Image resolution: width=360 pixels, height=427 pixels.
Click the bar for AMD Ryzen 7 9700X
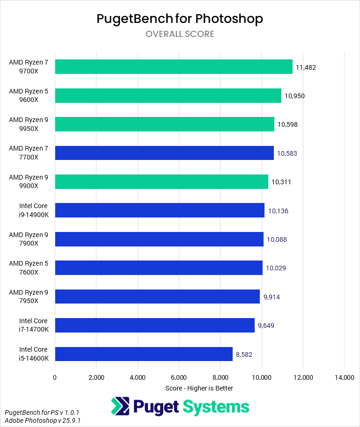point(173,67)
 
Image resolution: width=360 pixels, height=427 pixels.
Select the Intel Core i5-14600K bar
point(144,354)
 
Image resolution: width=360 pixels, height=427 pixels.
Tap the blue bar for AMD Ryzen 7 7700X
point(164,153)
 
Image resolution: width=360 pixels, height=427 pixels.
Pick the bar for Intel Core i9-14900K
point(160,210)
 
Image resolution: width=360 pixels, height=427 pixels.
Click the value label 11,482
point(306,67)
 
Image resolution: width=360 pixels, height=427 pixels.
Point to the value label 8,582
point(244,355)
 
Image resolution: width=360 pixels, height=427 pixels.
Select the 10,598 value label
point(287,124)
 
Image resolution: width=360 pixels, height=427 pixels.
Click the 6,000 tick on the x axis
point(179,377)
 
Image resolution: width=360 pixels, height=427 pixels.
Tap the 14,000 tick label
point(344,377)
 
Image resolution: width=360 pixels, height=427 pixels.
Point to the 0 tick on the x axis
point(55,377)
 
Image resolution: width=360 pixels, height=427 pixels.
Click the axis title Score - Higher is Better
point(199,388)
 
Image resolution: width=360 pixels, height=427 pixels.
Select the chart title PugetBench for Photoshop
point(180,19)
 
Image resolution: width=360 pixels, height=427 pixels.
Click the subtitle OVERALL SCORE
point(180,34)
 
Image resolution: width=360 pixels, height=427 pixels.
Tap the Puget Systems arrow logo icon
point(120,406)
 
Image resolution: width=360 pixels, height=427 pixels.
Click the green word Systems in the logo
point(216,406)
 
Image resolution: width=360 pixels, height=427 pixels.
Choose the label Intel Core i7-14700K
point(33,325)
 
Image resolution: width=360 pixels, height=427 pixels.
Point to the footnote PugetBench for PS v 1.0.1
point(42,413)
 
